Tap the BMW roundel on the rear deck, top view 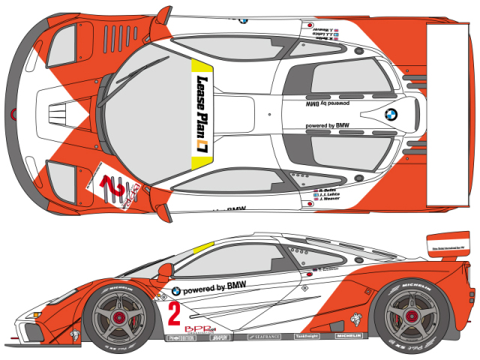(x=390, y=115)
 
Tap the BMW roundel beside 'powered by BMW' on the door (x=175, y=291)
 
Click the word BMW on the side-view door (x=237, y=285)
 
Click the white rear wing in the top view (x=452, y=113)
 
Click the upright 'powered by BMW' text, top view (x=328, y=125)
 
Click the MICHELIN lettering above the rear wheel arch (x=416, y=286)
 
